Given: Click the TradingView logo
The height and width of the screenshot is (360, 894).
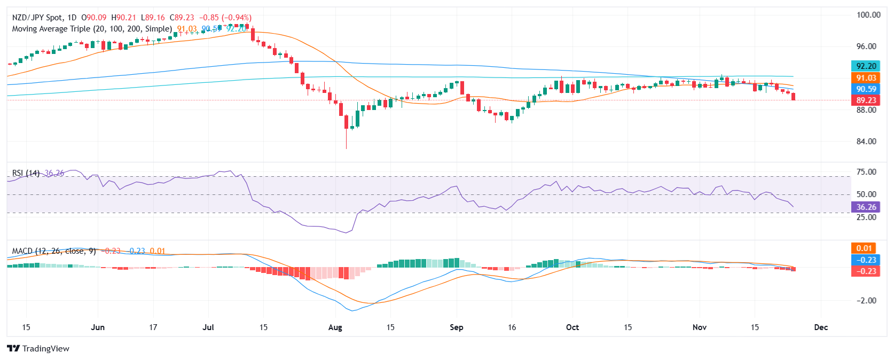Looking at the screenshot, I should click(38, 349).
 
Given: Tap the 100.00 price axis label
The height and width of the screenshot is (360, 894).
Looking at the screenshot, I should click(868, 15).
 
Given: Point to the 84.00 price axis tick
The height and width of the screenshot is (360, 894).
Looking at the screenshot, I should click(866, 142).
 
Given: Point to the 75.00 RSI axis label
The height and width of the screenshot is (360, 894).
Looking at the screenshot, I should click(866, 172).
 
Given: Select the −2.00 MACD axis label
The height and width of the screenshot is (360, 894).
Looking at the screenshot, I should click(866, 301).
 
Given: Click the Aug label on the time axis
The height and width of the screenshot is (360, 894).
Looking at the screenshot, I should click(335, 327).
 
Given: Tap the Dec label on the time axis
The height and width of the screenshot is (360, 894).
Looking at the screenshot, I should click(821, 327).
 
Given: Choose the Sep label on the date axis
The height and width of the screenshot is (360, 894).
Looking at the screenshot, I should click(457, 327).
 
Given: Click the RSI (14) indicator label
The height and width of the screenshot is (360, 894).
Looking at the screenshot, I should click(26, 173).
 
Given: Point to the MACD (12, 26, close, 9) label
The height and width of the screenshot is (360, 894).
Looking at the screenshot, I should click(54, 251).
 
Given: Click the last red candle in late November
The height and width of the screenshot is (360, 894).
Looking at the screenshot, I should click(794, 97).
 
